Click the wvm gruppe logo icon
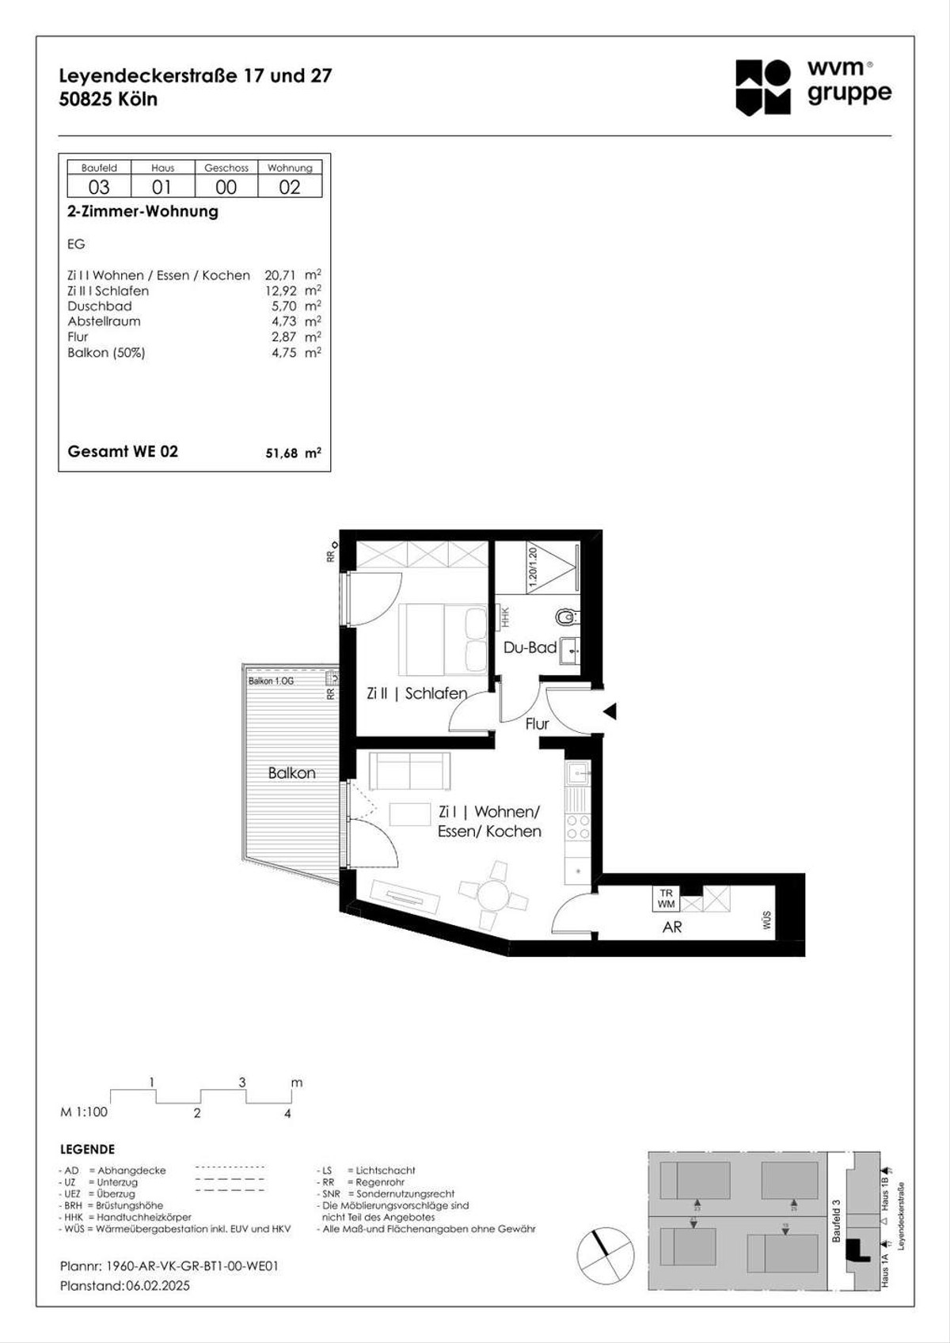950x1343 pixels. pyautogui.click(x=763, y=87)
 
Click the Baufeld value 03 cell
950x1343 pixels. pyautogui.click(x=99, y=187)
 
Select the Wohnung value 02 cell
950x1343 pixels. pyautogui.click(x=290, y=187)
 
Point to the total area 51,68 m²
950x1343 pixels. pyautogui.click(x=292, y=453)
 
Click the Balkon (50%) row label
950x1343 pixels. pyautogui.click(x=106, y=353)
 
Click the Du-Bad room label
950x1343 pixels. pyautogui.click(x=530, y=647)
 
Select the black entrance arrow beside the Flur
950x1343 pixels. pyautogui.click(x=610, y=711)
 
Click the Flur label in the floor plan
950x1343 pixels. pyautogui.click(x=537, y=723)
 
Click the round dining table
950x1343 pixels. pyautogui.click(x=493, y=897)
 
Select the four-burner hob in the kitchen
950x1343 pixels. pyautogui.click(x=578, y=827)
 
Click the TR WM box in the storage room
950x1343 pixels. pyautogui.click(x=666, y=898)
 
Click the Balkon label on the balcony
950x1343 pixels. pyautogui.click(x=291, y=773)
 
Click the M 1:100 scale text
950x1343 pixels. pyautogui.click(x=84, y=1112)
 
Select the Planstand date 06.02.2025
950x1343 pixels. pyautogui.click(x=158, y=1286)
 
